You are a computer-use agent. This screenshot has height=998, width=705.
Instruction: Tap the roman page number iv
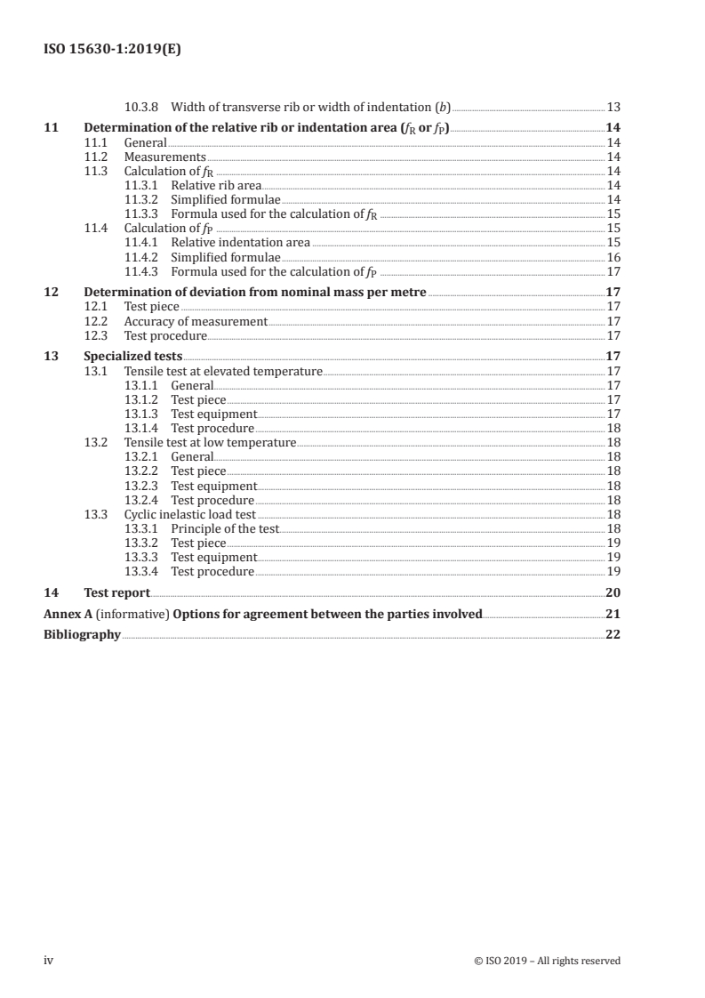pyautogui.click(x=49, y=960)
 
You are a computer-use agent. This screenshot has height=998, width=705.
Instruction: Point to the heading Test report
pyautogui.click(x=116, y=592)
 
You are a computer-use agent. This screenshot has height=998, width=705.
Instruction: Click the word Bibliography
pyautogui.click(x=82, y=635)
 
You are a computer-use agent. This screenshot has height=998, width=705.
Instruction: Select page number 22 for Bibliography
pyautogui.click(x=613, y=635)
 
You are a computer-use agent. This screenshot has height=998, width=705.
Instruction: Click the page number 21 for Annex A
pyautogui.click(x=613, y=614)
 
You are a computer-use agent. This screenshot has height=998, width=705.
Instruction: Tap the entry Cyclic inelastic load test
pyautogui.click(x=189, y=514)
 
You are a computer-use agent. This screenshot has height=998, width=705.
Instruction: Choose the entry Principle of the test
pyautogui.click(x=225, y=528)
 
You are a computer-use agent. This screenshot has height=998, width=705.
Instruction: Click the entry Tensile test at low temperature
pyautogui.click(x=210, y=442)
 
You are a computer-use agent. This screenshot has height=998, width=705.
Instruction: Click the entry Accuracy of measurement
pyautogui.click(x=196, y=321)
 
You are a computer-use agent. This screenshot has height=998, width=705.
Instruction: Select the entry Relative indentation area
pyautogui.click(x=240, y=242)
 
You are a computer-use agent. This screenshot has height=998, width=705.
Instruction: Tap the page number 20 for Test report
pyautogui.click(x=613, y=592)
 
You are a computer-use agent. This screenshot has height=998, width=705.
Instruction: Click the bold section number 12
pyautogui.click(x=51, y=292)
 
